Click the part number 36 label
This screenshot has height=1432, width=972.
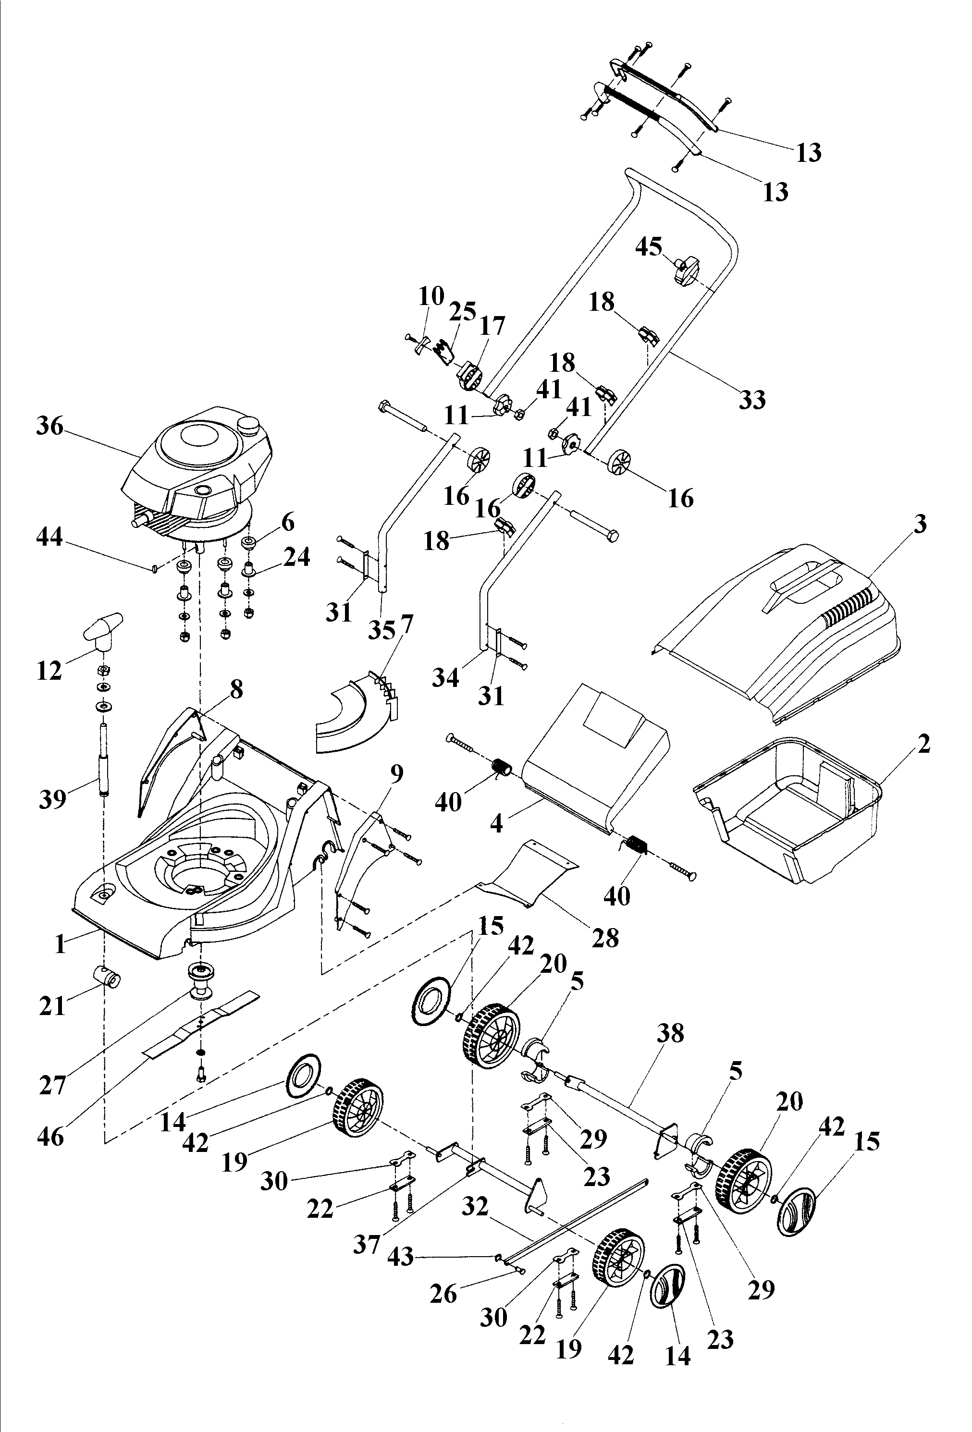[x=49, y=426]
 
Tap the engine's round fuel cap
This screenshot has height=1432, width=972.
[x=249, y=425]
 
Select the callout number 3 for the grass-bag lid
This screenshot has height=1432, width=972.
[x=920, y=525]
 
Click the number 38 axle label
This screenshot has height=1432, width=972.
[x=670, y=1033]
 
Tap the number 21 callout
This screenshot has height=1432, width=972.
[x=52, y=1006]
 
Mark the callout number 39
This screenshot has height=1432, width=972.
[x=52, y=799]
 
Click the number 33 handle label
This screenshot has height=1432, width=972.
[x=752, y=400]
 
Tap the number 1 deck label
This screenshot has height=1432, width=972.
[x=60, y=944]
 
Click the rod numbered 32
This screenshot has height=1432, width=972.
[x=579, y=1220]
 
